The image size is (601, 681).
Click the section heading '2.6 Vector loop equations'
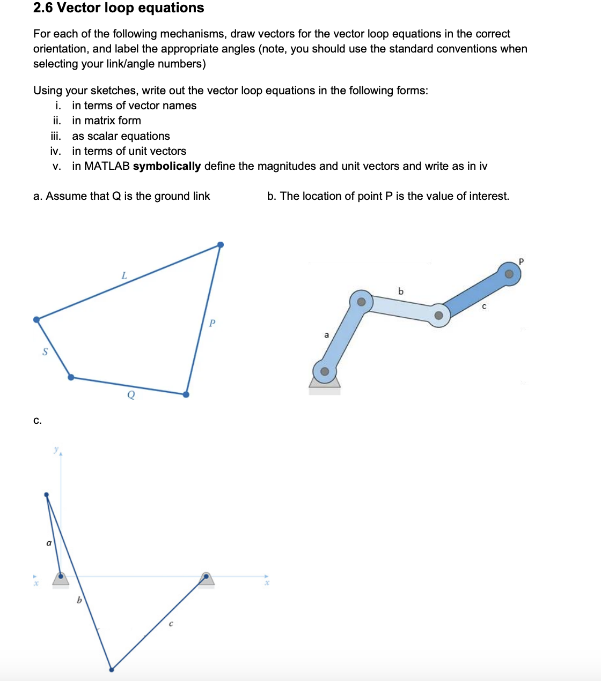[x=119, y=8]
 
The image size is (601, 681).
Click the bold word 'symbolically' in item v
[x=166, y=166]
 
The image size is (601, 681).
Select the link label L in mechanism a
[x=124, y=275]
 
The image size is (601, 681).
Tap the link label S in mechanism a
[x=45, y=351]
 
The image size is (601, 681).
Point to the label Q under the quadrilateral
[x=131, y=395]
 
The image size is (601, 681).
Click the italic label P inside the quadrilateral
[x=212, y=323]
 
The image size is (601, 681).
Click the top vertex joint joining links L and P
[x=220, y=245]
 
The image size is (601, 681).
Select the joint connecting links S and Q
[x=71, y=377]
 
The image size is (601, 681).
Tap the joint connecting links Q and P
[x=186, y=394]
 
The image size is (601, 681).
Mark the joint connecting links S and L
[x=36, y=320]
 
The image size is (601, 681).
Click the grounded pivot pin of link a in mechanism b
[x=325, y=371]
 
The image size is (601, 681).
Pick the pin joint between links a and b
[x=361, y=302]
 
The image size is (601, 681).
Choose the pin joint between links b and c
[x=438, y=315]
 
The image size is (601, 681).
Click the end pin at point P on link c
[x=509, y=274]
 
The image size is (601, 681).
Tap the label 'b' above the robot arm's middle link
[x=401, y=291]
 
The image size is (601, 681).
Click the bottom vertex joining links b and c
[x=111, y=669]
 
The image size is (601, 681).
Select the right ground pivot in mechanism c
[x=206, y=577]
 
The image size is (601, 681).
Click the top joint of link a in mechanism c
[x=46, y=495]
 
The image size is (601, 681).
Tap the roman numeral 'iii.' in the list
[x=56, y=136]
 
